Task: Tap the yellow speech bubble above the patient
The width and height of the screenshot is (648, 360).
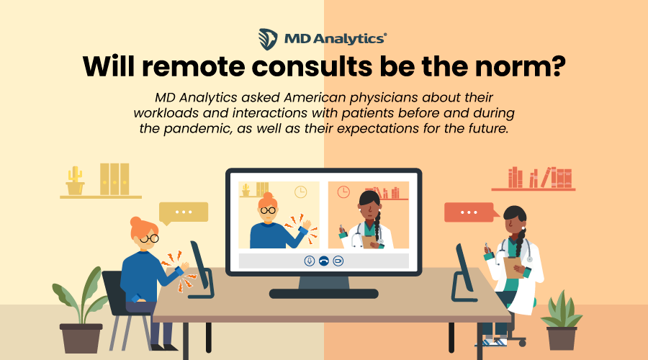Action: (x=184, y=212)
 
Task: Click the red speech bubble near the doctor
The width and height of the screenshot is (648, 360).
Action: (x=469, y=212)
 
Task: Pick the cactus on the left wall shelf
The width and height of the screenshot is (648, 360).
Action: (x=74, y=181)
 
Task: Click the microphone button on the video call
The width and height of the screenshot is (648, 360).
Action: (x=309, y=260)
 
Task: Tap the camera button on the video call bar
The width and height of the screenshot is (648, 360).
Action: (x=338, y=260)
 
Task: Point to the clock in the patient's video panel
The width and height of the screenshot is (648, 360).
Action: (x=300, y=192)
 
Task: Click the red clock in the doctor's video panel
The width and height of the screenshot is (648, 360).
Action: (x=343, y=192)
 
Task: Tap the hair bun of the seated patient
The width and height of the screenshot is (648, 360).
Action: (x=135, y=222)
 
